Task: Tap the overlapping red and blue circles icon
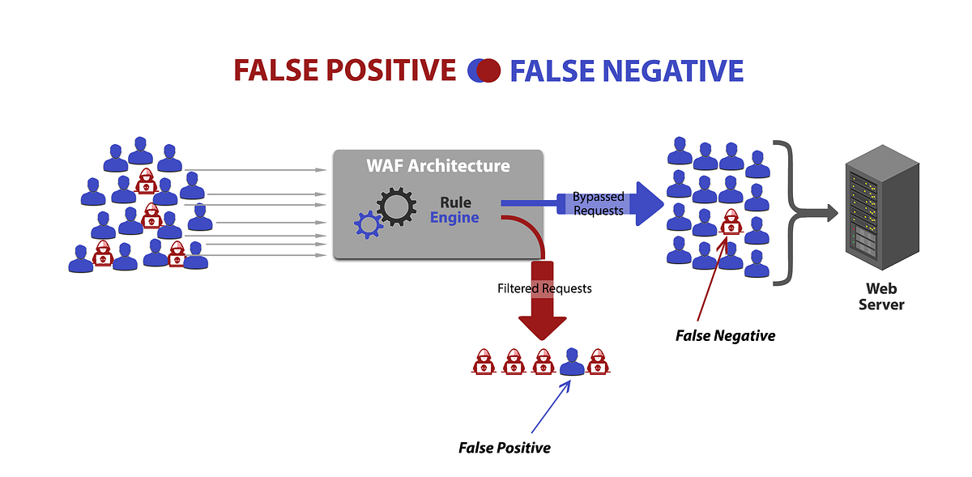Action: coord(484,71)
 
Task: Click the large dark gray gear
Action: coord(396,207)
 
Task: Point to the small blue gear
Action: coord(367,223)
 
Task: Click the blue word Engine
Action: coord(454,218)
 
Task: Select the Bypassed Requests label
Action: coord(598,203)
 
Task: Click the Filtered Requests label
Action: coord(544,288)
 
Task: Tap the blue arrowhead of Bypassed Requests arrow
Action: coord(647,203)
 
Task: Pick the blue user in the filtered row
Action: coord(572,362)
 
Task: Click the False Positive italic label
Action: coord(504,447)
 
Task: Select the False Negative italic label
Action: coord(725,335)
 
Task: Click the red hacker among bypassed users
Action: coord(731,222)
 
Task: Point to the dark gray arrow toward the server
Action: coord(818,214)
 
